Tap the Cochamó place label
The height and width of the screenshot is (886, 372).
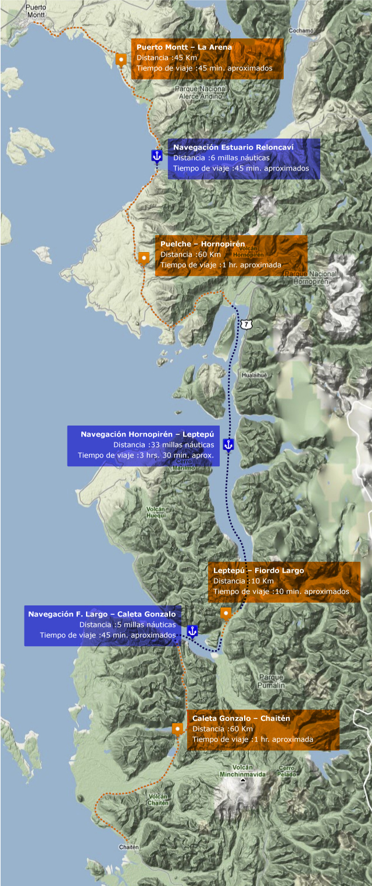[302, 30]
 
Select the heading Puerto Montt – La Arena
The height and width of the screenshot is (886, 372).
[184, 47]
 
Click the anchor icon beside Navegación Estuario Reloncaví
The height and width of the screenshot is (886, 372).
[156, 155]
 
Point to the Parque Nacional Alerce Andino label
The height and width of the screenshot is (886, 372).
[201, 93]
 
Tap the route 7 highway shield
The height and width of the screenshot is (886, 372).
[248, 323]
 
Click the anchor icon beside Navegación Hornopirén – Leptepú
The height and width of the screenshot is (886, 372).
[228, 445]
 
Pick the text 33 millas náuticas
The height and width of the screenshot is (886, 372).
[163, 445]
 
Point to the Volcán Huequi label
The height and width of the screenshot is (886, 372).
[156, 512]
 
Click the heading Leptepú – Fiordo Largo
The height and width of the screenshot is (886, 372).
[258, 570]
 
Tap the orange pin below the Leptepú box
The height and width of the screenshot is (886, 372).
[226, 613]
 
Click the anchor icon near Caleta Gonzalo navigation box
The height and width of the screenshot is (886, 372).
[192, 630]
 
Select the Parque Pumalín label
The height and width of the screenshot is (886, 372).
[271, 681]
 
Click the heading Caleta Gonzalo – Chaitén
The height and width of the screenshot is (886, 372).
[241, 718]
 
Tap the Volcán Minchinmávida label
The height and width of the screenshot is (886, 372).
[242, 771]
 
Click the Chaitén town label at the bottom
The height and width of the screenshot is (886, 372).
[128, 847]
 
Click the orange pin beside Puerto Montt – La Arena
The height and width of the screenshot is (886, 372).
[120, 59]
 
